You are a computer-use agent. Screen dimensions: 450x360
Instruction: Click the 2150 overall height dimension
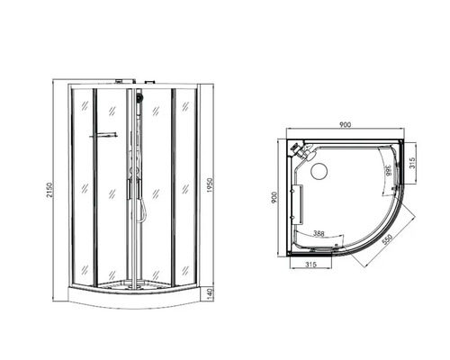click(49, 190)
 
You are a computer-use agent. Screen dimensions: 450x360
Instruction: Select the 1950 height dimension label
click(210, 185)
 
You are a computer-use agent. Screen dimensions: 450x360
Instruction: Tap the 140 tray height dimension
click(210, 292)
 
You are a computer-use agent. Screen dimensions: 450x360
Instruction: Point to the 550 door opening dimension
click(387, 239)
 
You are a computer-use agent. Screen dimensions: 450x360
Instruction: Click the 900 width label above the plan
click(345, 124)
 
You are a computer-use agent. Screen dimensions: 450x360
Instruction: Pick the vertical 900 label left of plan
click(274, 198)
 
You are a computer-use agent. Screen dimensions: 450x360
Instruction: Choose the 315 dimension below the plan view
click(310, 265)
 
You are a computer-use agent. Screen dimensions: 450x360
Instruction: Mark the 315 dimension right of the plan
click(412, 164)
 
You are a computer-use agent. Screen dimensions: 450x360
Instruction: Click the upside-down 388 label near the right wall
click(388, 170)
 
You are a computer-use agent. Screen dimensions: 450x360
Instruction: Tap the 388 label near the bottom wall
click(319, 233)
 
